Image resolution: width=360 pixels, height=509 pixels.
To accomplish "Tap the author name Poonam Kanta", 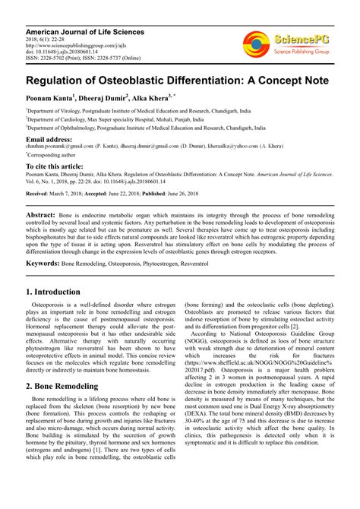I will [x=52, y=97].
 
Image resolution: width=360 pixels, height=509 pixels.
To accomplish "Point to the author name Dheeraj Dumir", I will [x=103, y=97].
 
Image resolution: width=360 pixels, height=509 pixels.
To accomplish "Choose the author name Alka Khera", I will [x=155, y=97].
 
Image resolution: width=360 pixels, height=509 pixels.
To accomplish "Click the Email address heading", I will [x=50, y=140].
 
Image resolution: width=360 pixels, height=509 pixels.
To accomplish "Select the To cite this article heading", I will [x=56, y=166].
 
